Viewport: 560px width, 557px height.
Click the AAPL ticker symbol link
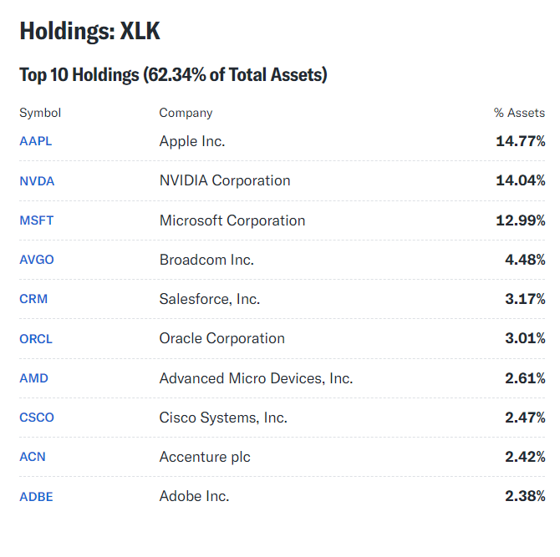36,141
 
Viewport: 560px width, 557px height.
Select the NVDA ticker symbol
37,180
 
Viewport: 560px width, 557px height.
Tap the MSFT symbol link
37,220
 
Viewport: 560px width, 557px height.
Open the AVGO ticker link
37,260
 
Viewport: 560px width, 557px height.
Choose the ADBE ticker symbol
36,497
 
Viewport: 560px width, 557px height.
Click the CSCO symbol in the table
37,418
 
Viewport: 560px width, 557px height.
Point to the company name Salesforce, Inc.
210,299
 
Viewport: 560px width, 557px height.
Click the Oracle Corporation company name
221,338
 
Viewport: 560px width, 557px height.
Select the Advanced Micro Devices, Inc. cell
256,378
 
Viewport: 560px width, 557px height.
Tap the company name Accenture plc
205,457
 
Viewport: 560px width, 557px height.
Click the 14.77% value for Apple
520,141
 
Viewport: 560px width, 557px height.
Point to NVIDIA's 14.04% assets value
520,180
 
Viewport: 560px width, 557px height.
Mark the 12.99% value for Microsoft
520,220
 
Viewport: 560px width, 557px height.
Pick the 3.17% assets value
524,299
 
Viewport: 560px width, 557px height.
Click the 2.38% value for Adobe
524,496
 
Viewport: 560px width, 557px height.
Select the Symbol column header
40,113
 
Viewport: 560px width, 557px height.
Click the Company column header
186,113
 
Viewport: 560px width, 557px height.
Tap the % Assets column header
519,113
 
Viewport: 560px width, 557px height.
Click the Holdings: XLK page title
89,32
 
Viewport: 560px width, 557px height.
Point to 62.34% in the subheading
173,75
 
